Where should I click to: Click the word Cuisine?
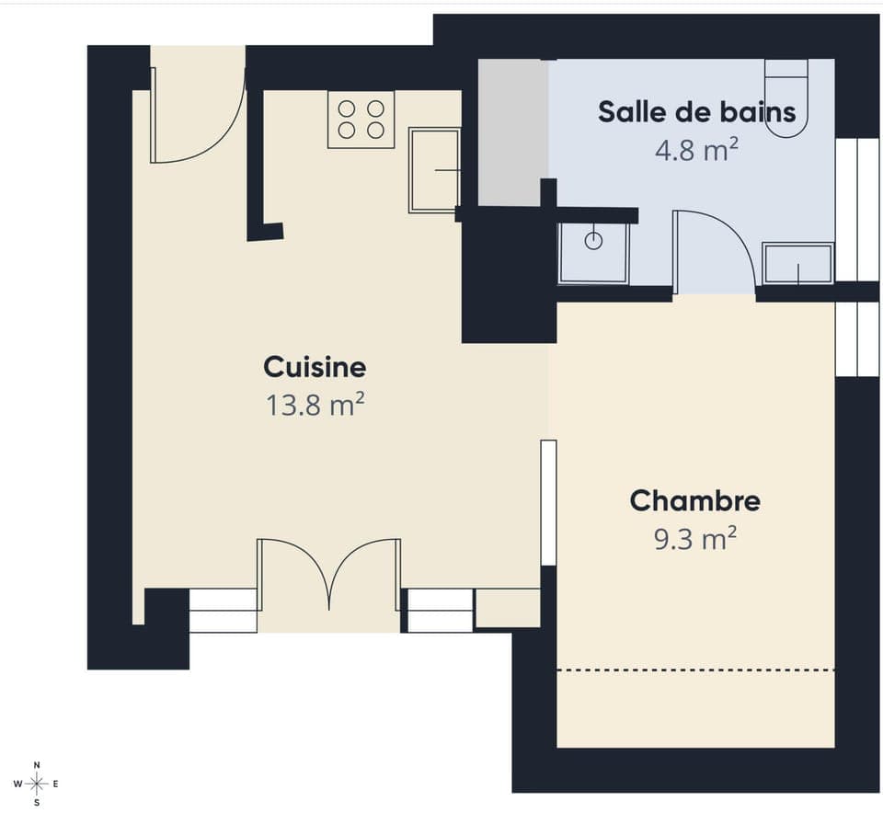[x=315, y=368]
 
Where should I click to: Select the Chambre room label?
[x=695, y=502]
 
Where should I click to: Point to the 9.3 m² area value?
[x=695, y=539]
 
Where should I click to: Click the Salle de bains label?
[x=696, y=112]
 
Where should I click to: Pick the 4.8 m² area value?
[x=696, y=150]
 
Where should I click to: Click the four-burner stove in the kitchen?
[x=361, y=120]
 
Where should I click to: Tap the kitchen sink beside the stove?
[x=434, y=170]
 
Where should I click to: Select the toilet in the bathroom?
[x=786, y=97]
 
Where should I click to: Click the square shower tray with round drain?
[x=594, y=252]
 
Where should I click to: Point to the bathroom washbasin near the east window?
[x=798, y=263]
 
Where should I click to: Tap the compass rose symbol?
[x=36, y=784]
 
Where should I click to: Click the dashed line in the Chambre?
[x=695, y=670]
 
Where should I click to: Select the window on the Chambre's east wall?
[x=857, y=338]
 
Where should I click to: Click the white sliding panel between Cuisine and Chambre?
[x=548, y=502]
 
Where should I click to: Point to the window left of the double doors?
[x=223, y=611]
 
